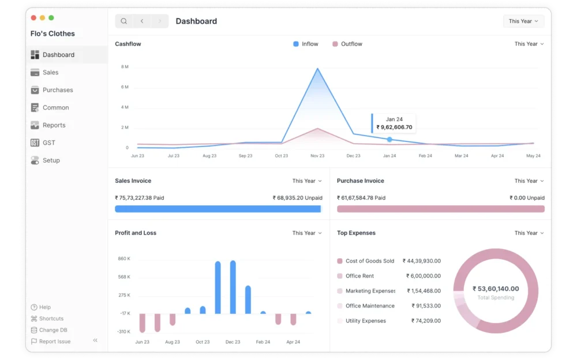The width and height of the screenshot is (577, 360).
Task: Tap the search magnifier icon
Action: click(x=124, y=21)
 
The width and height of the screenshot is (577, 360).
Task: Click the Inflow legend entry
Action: click(x=305, y=44)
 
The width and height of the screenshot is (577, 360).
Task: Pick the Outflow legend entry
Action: click(x=347, y=44)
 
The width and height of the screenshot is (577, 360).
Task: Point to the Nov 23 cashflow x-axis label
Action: click(x=317, y=156)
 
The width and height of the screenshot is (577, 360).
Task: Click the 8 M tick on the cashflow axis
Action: click(x=125, y=66)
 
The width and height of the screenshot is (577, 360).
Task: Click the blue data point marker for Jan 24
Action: click(x=389, y=140)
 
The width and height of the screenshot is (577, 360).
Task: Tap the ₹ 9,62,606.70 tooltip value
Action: click(x=394, y=127)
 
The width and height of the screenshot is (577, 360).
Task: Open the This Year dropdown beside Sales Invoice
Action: click(x=307, y=181)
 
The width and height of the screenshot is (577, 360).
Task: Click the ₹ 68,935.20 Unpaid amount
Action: click(x=297, y=198)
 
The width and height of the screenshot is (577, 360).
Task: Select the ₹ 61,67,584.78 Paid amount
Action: click(x=361, y=198)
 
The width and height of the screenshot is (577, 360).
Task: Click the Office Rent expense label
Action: click(x=359, y=276)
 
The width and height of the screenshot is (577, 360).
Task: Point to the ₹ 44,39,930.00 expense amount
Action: click(x=421, y=261)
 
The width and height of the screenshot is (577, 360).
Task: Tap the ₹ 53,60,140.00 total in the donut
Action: click(x=496, y=288)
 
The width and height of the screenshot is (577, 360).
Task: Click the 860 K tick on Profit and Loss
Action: click(x=124, y=258)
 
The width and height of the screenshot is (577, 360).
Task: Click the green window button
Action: click(x=51, y=18)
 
